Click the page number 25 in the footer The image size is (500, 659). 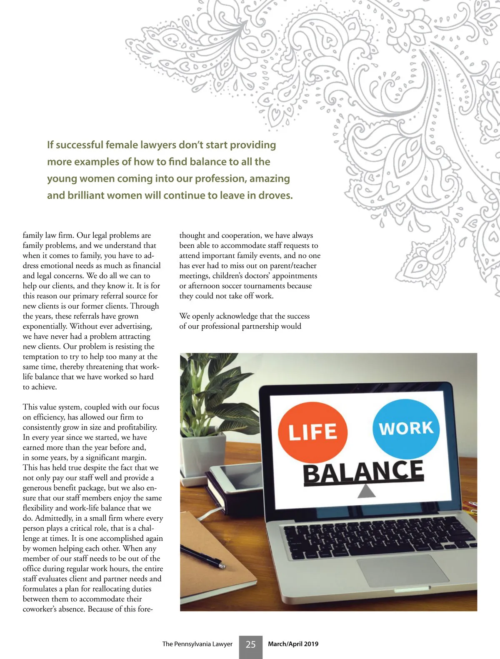(x=250, y=644)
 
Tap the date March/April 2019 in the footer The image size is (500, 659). (x=293, y=644)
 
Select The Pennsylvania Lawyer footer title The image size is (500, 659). (x=197, y=644)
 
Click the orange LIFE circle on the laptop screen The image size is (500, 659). (x=312, y=432)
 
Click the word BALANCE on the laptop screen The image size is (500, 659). (x=363, y=472)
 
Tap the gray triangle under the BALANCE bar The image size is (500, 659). (x=367, y=492)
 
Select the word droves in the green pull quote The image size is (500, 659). (x=275, y=195)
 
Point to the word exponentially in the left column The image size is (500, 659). (x=45, y=326)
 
